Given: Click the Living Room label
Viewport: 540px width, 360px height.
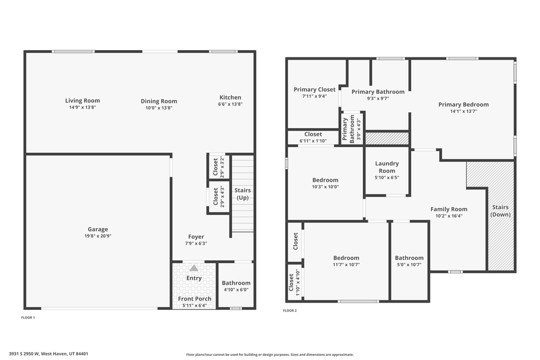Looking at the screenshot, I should [82, 101].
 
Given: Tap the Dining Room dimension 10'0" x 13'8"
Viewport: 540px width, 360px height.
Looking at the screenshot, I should [159, 108].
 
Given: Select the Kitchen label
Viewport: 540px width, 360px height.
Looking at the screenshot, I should [230, 98].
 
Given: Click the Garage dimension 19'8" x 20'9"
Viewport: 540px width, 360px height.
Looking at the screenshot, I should [98, 236].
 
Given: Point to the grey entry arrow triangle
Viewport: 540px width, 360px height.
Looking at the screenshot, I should [194, 268].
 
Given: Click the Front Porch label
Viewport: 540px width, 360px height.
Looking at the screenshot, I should [194, 299].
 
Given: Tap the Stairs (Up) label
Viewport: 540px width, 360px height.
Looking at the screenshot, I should [243, 194].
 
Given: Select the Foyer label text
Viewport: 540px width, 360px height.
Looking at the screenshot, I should [196, 237].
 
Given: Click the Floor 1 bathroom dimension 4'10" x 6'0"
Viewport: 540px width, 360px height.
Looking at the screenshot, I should [236, 289].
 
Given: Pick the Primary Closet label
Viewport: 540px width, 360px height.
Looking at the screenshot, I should [314, 90].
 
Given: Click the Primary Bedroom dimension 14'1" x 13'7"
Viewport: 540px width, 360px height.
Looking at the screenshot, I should [463, 111].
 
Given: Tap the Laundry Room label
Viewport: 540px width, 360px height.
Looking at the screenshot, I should [387, 167].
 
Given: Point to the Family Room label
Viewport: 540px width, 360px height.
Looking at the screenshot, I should [448, 209].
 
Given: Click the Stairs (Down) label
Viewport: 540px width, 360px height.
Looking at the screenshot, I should [500, 211].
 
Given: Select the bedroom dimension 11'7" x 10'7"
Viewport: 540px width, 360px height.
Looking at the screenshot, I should [346, 265].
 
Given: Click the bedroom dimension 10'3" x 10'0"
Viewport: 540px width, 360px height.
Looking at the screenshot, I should [325, 187].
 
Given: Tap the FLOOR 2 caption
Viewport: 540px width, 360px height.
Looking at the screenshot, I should [290, 310].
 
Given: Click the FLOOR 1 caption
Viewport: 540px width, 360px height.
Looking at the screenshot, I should [27, 317].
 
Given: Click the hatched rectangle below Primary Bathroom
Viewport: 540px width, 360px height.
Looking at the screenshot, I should [387, 139].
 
